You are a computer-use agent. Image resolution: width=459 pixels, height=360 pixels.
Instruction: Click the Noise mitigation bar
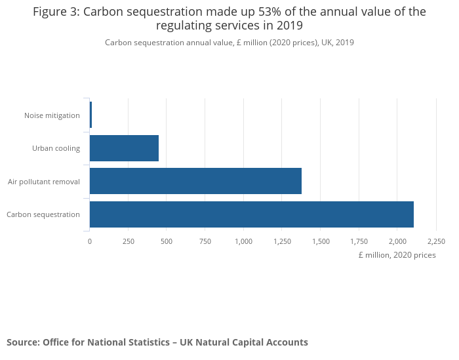click(x=90, y=115)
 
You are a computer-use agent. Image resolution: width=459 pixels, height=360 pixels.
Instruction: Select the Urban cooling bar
click(x=124, y=148)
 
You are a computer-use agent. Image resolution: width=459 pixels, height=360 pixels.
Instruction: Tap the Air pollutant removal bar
click(x=195, y=181)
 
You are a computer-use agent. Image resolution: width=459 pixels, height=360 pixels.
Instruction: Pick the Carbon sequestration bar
click(x=252, y=214)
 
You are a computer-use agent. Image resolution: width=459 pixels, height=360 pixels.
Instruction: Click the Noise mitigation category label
click(x=52, y=115)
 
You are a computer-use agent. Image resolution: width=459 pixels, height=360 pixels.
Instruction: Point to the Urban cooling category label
click(x=56, y=148)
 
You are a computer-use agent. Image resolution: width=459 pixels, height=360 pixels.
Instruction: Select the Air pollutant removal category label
click(x=44, y=182)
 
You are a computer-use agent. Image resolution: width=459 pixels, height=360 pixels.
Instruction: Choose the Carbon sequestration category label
click(x=43, y=214)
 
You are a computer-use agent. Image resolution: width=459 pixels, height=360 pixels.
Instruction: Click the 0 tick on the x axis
click(x=90, y=241)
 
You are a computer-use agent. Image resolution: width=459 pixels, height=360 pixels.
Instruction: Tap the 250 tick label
click(x=129, y=241)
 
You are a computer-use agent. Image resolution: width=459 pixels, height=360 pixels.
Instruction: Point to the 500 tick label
click(x=167, y=241)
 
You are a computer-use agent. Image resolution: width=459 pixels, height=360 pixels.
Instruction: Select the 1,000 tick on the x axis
click(x=243, y=241)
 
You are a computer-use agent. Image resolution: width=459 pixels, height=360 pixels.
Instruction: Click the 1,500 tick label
click(x=321, y=241)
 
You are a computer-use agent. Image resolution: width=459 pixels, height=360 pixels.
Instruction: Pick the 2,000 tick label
click(x=398, y=241)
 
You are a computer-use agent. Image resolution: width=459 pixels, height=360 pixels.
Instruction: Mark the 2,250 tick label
click(x=436, y=241)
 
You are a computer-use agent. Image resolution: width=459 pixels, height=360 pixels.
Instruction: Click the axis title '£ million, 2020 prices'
click(x=397, y=255)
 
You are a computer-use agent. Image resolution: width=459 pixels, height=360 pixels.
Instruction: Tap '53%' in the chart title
click(x=268, y=12)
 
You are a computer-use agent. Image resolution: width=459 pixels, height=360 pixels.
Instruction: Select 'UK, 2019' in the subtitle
click(x=338, y=43)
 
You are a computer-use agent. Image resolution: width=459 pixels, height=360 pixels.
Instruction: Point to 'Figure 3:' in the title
click(x=56, y=12)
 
